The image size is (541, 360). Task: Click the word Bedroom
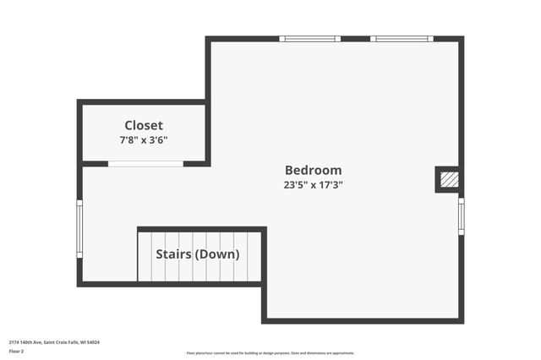tap(313, 170)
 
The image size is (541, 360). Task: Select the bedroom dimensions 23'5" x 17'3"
tap(313, 185)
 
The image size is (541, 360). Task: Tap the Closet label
tap(144, 126)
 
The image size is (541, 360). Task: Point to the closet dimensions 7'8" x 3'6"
tap(144, 140)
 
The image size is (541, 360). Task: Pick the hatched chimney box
tap(450, 179)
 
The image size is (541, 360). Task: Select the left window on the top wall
tap(309, 39)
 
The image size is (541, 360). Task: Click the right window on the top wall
tap(402, 39)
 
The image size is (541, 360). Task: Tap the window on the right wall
tap(461, 215)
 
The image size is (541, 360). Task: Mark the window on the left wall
tap(79, 228)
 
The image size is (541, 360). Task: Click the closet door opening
tap(145, 164)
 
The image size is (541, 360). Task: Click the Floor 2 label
tap(16, 351)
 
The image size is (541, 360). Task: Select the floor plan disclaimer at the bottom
tap(270, 353)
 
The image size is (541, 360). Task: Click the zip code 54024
tap(94, 342)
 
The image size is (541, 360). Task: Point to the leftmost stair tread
tap(145, 257)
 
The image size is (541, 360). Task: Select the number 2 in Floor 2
tap(22, 351)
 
